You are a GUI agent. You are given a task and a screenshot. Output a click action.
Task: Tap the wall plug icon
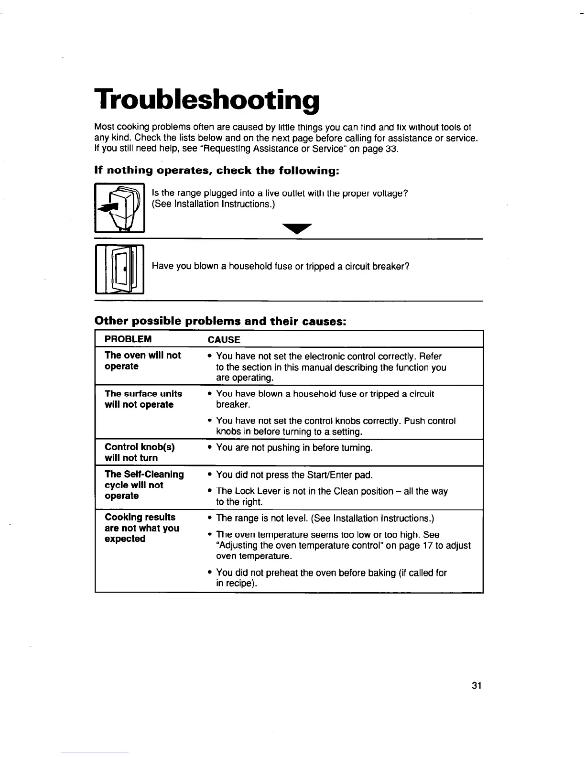120,208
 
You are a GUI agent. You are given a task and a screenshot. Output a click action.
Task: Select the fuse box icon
120,269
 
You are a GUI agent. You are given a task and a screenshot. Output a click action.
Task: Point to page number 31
476,686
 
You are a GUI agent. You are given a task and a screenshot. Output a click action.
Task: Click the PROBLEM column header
128,339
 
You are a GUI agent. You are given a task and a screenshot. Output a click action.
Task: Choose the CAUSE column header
224,340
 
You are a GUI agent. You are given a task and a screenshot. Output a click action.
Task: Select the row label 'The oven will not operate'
142,361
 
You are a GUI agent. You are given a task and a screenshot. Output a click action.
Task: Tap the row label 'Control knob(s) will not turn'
140,452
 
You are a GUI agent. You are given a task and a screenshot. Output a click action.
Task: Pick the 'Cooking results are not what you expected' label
142,528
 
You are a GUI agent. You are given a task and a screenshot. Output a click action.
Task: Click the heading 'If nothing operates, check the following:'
217,171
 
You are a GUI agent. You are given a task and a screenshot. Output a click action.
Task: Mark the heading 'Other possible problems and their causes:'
220,321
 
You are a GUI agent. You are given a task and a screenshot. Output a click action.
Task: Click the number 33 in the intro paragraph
390,149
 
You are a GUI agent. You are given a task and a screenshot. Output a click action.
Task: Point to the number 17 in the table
427,546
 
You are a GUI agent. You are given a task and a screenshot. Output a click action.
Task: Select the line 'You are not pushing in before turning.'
294,448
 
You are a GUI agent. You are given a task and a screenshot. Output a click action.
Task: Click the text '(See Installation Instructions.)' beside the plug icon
213,204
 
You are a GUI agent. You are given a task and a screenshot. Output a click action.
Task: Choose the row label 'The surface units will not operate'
143,399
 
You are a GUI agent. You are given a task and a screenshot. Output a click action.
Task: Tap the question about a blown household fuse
281,266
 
